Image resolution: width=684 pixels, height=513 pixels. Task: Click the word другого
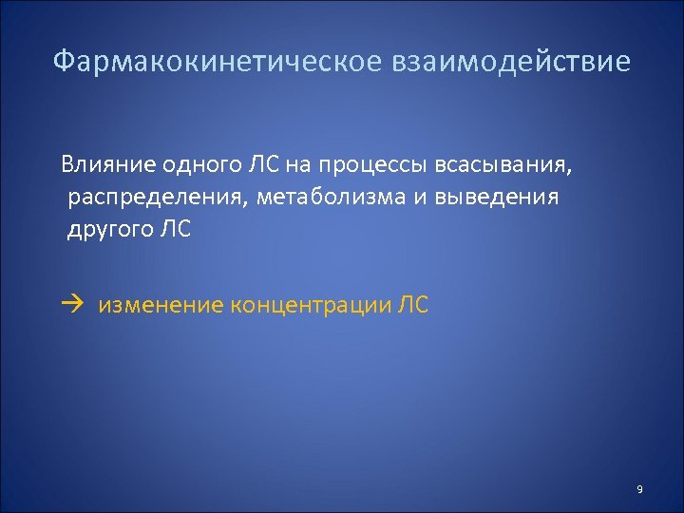point(108,230)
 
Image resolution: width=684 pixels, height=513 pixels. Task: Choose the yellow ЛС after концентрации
point(413,305)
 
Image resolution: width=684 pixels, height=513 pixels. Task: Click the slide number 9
point(639,489)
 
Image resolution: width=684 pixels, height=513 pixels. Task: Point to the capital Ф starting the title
point(62,63)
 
